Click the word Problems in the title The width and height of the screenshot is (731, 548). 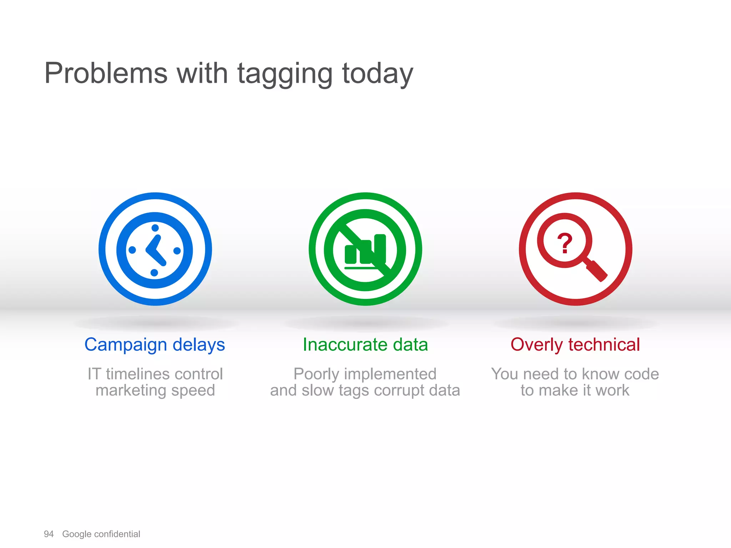coord(106,73)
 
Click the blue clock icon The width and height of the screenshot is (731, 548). coord(155,249)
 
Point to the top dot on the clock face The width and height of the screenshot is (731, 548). coord(155,228)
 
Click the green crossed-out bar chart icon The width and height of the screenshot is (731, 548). coord(365,249)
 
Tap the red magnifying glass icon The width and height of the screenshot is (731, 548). coord(575,249)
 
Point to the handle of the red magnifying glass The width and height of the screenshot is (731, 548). coord(597,271)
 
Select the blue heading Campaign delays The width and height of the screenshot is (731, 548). coord(155,345)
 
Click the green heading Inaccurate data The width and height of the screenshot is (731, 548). coord(365,345)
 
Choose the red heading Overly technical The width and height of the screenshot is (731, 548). coord(575,345)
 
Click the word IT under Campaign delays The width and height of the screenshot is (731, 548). coord(94,374)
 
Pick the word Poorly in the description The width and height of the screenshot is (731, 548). coord(316,374)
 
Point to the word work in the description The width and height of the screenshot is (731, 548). coord(612,391)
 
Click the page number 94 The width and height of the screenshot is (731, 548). coord(49,534)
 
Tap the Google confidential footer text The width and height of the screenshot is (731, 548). coord(101,534)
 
